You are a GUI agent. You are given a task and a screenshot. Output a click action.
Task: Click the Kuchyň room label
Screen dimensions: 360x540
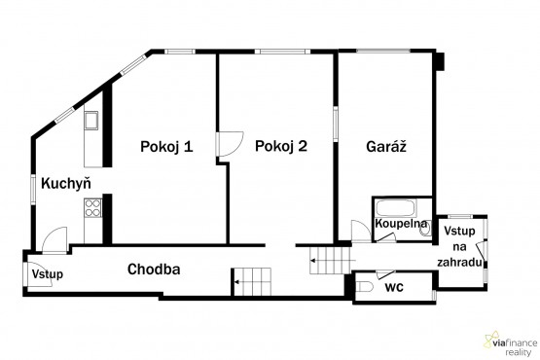[60, 182]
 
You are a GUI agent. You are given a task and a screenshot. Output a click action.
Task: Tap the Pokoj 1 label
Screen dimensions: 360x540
[166, 147]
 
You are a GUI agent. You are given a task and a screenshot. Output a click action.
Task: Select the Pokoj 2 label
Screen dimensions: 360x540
[281, 147]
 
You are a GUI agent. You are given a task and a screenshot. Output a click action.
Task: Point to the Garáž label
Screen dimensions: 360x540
[385, 147]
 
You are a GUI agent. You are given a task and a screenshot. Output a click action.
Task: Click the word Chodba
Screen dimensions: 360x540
[155, 270]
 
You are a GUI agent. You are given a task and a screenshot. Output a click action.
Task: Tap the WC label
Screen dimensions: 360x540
[394, 287]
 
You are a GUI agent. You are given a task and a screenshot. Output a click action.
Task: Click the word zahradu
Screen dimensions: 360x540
[461, 263]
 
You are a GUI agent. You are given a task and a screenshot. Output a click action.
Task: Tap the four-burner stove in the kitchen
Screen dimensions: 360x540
[94, 206]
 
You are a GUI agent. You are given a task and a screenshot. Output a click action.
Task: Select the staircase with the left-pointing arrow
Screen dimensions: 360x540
[328, 259]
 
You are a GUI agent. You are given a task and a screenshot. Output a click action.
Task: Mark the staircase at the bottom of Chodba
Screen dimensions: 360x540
[253, 282]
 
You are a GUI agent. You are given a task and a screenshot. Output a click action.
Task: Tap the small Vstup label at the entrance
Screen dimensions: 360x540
[47, 275]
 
